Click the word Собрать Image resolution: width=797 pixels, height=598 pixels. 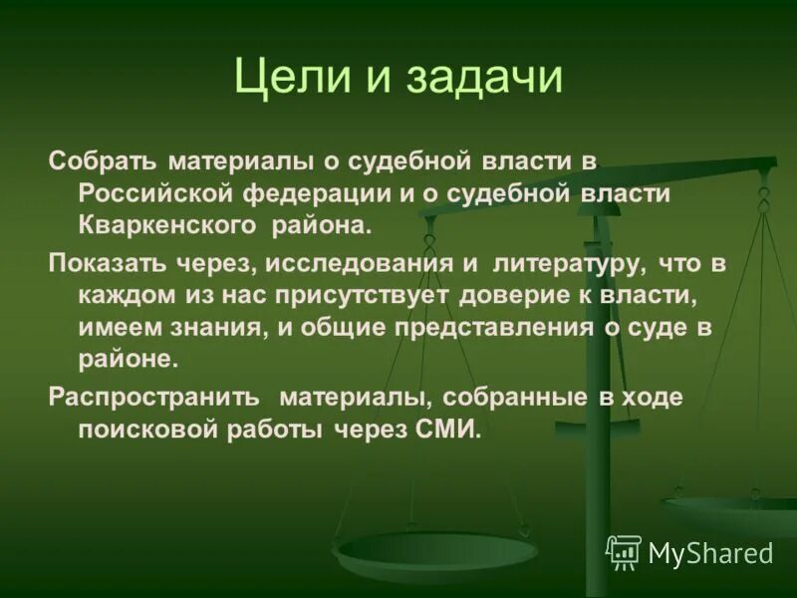click(104, 161)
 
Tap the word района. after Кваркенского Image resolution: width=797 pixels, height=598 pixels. click(321, 225)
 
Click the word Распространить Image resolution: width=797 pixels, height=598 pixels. click(154, 397)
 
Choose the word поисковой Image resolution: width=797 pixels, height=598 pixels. click(154, 430)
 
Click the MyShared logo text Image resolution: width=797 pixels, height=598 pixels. click(710, 552)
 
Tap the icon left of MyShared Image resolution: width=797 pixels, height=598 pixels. click(624, 551)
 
